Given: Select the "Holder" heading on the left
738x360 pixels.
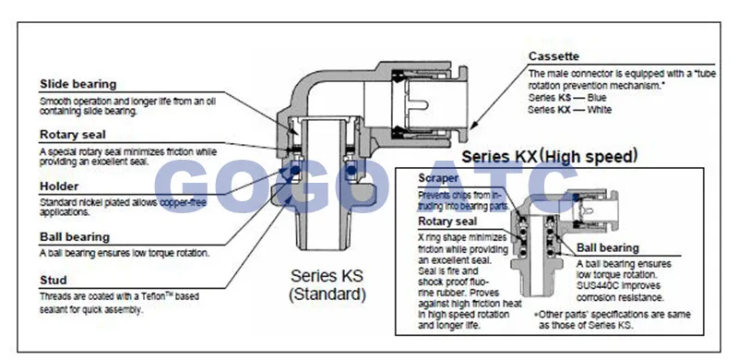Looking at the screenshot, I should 58,186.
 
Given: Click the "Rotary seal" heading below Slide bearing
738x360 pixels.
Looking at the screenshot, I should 70,135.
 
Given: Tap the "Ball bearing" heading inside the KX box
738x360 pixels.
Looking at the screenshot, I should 609,248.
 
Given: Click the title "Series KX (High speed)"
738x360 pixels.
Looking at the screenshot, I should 550,156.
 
